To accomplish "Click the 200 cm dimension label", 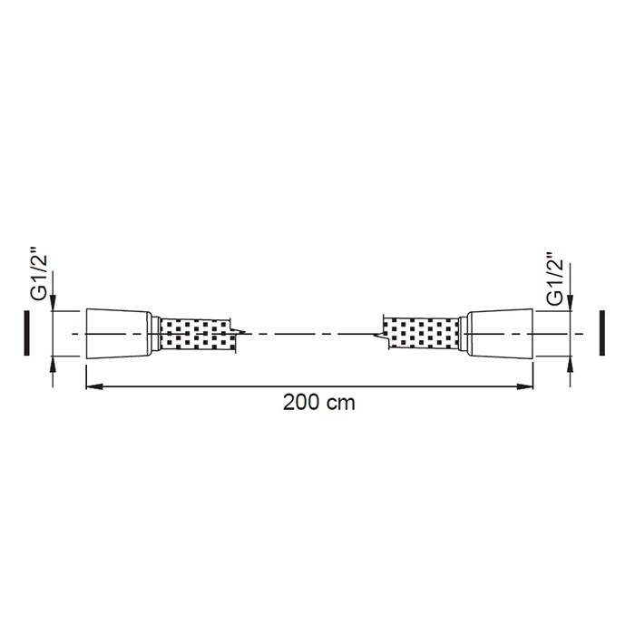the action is click(318, 403).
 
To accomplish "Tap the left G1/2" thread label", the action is click(40, 278).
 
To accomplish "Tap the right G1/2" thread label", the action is click(554, 279).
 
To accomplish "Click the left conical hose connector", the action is click(119, 334).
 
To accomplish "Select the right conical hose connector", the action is click(500, 334).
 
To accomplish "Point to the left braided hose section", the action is click(196, 334).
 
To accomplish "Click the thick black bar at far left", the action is click(26, 333).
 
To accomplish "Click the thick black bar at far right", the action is click(602, 333).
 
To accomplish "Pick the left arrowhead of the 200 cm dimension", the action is click(94, 386).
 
